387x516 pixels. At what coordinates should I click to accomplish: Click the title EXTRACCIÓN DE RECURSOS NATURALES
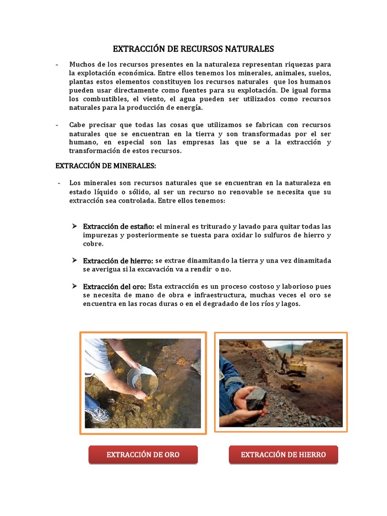point(193,49)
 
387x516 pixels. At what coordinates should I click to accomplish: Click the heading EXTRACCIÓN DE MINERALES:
point(105,166)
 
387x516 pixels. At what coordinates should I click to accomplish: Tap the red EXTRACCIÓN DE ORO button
point(143,455)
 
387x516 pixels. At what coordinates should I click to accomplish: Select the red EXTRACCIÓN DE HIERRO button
point(283,455)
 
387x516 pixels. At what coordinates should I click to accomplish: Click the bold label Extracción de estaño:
point(119,226)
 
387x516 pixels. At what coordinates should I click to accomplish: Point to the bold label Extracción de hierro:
point(118,261)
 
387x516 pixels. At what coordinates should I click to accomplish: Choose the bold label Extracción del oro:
point(115,286)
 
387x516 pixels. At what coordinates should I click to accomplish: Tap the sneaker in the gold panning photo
point(98,415)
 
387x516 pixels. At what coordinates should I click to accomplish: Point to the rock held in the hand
point(258,397)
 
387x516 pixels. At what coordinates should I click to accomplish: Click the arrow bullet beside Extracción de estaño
point(74,226)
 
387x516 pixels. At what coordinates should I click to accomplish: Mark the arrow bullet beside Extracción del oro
point(74,286)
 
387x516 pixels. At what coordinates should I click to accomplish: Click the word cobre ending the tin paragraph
point(93,244)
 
